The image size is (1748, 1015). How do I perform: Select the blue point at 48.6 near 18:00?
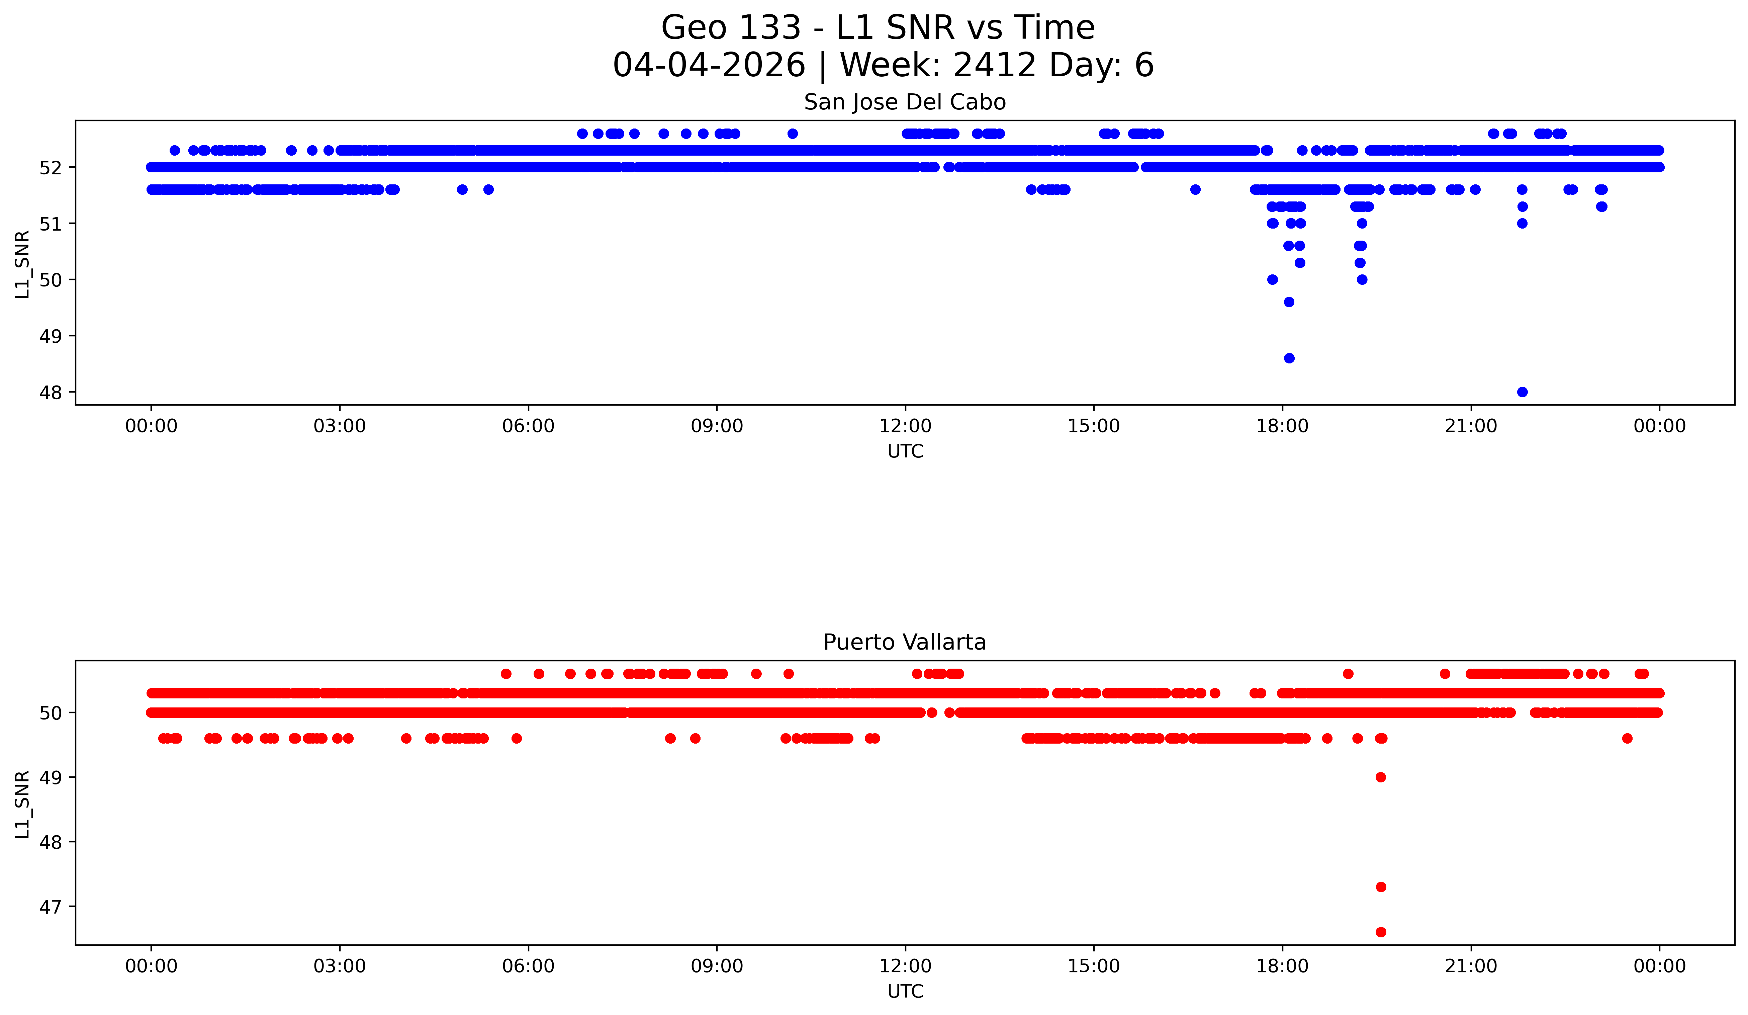click(1289, 358)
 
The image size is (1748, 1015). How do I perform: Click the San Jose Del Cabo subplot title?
click(905, 103)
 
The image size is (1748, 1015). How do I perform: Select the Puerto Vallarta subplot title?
click(905, 643)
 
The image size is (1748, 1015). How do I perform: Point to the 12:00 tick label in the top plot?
click(905, 426)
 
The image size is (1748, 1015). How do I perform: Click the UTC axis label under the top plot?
click(905, 452)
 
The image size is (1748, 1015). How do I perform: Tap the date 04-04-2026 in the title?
click(709, 65)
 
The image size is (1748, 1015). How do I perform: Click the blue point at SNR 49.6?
click(1289, 302)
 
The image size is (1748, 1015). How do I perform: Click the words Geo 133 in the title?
click(731, 28)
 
